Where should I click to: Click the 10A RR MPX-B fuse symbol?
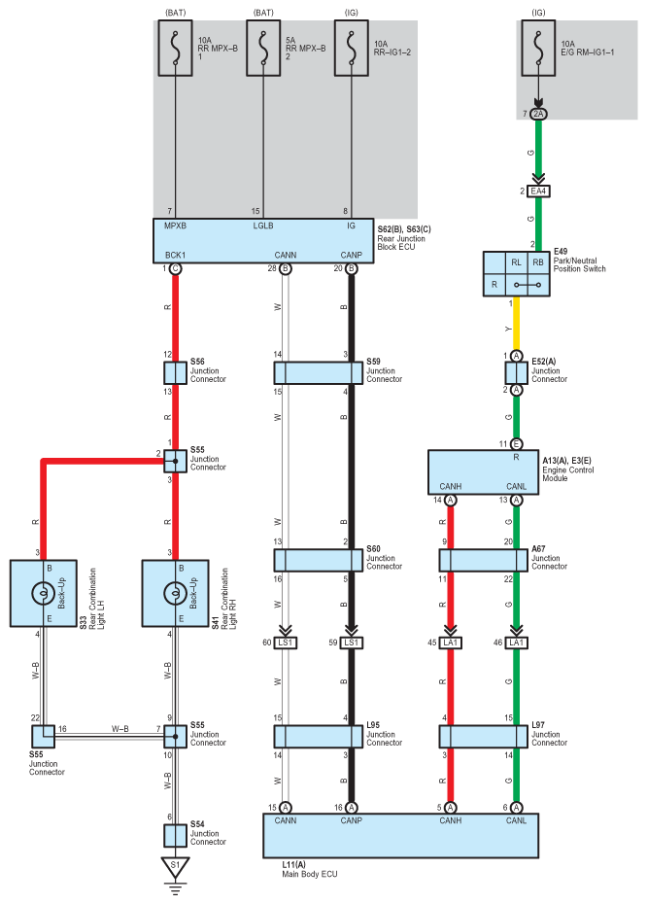point(175,48)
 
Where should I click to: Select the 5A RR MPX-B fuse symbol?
point(263,48)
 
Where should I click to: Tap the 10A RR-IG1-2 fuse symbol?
point(352,48)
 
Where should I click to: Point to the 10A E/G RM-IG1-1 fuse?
point(538,48)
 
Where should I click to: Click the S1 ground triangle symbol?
point(175,865)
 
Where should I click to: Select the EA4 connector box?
point(538,191)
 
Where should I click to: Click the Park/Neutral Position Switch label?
point(579,264)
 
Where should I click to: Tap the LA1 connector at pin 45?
point(451,643)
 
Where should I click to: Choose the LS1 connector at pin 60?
point(286,643)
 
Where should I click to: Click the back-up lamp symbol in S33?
point(43,593)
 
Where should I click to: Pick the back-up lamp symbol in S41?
point(175,593)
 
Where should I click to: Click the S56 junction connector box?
point(175,373)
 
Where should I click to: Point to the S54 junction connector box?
point(175,835)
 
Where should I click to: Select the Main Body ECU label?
point(309,874)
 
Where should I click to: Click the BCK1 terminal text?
point(175,255)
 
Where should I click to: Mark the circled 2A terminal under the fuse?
point(538,114)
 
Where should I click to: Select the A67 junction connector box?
point(484,560)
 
